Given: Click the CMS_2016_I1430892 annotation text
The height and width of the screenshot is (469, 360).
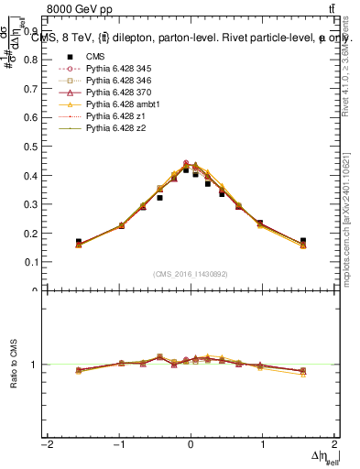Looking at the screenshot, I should click(191, 273).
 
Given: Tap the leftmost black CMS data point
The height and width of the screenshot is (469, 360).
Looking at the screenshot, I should click(79, 242).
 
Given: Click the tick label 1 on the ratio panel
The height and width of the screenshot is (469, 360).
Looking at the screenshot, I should click(33, 365).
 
